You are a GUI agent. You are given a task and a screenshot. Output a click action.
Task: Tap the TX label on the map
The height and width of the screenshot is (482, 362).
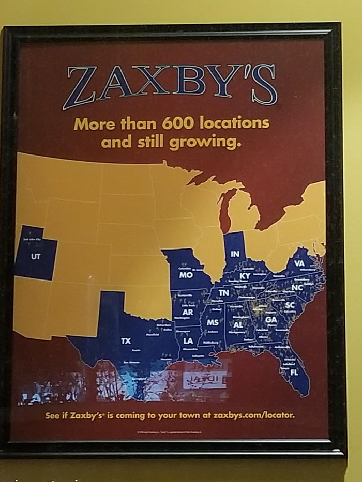pyautogui.click(x=126, y=341)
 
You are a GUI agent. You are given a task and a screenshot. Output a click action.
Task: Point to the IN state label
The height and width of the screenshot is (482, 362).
pyautogui.click(x=235, y=254)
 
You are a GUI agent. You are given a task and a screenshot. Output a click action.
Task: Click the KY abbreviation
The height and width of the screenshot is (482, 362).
pyautogui.click(x=245, y=276)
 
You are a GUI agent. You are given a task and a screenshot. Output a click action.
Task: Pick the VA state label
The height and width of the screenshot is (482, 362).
pyautogui.click(x=299, y=263)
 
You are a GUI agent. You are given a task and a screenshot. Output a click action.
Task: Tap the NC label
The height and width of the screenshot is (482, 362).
pyautogui.click(x=297, y=287)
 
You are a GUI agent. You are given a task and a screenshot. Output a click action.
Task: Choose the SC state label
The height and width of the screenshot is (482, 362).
pyautogui.click(x=290, y=305)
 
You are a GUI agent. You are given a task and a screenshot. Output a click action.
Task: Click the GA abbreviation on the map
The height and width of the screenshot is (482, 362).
pyautogui.click(x=271, y=319)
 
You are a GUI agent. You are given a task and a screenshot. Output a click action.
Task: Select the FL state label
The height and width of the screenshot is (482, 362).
pyautogui.click(x=294, y=372)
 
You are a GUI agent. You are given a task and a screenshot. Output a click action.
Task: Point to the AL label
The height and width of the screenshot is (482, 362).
pyautogui.click(x=238, y=325)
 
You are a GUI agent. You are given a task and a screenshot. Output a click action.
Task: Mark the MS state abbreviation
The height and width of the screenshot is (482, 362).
pyautogui.click(x=212, y=322)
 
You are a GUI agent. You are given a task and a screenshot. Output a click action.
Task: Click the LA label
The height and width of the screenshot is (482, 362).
pyautogui.click(x=188, y=341)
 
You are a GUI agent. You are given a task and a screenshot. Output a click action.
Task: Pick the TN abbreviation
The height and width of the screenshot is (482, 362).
pyautogui.click(x=224, y=293)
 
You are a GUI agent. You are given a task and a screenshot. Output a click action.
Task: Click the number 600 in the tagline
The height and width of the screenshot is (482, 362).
pyautogui.click(x=180, y=123)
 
